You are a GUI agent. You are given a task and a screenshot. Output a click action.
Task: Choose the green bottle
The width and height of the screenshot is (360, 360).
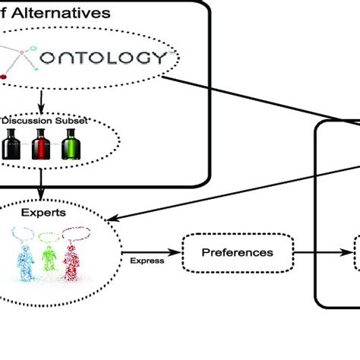[x=70, y=144]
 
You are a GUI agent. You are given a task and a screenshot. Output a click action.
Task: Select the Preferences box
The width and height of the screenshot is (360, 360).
[x=237, y=251]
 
